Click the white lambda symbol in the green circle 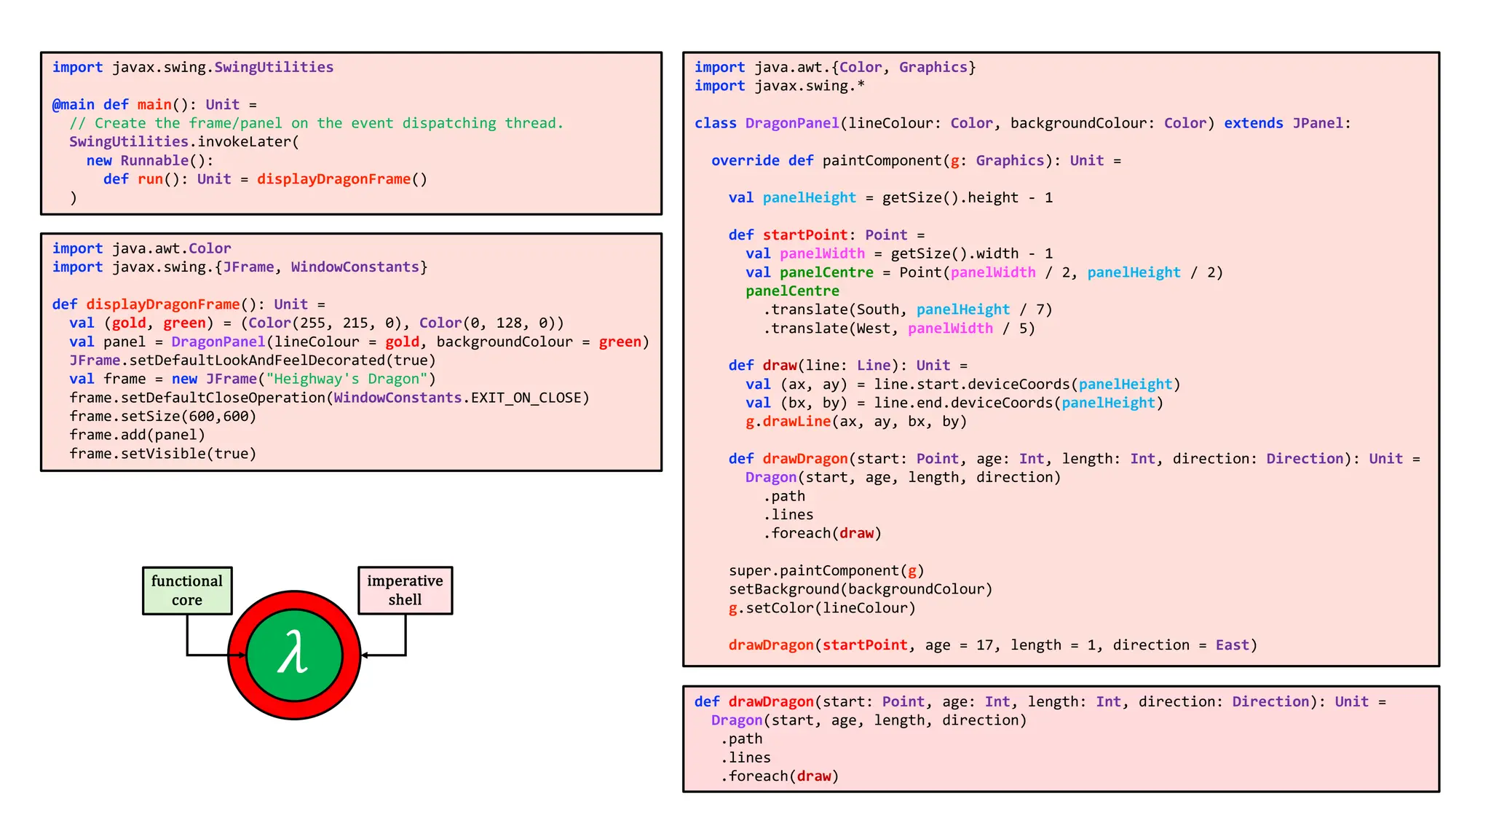(293, 653)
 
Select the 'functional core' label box (187, 591)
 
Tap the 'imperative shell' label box (405, 591)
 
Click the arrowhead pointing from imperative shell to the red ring (365, 655)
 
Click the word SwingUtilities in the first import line (273, 67)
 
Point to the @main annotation (73, 104)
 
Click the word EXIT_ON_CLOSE (526, 398)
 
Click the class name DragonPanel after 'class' (791, 123)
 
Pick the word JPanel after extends (1317, 123)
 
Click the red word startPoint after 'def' (804, 235)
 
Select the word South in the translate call (877, 310)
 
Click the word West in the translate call (873, 328)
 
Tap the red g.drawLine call (788, 422)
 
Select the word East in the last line (1232, 645)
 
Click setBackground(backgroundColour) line (861, 589)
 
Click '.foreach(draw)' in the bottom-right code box (780, 776)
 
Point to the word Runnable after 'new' (154, 160)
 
